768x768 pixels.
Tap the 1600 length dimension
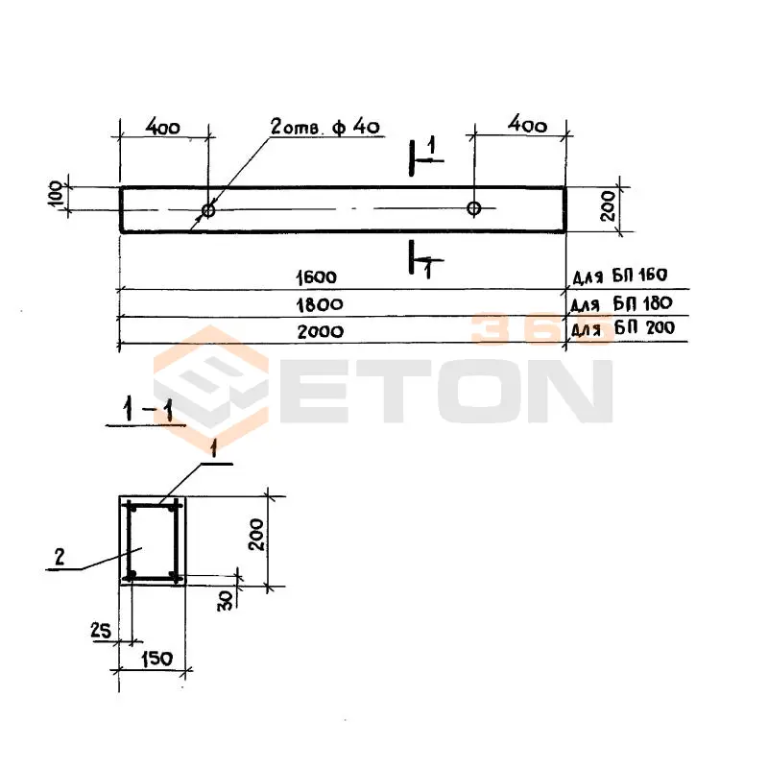point(317,277)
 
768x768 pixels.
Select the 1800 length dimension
point(320,304)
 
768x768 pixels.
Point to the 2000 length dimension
point(321,331)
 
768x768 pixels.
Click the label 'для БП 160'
point(620,276)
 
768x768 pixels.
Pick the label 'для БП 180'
point(621,303)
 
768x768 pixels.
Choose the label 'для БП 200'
point(623,327)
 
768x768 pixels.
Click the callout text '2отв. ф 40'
point(325,127)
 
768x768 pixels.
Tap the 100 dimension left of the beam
point(57,194)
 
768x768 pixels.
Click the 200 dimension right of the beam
point(608,206)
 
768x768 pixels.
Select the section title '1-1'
point(148,410)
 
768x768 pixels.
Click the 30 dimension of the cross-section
point(225,600)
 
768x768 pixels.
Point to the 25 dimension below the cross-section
point(101,630)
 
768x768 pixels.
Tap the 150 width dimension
point(157,659)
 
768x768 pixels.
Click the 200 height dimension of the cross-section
point(256,535)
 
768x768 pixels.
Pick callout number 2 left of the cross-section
point(60,557)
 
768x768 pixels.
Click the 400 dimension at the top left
point(163,128)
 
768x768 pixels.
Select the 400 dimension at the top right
point(527,125)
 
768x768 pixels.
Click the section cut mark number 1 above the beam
point(431,146)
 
